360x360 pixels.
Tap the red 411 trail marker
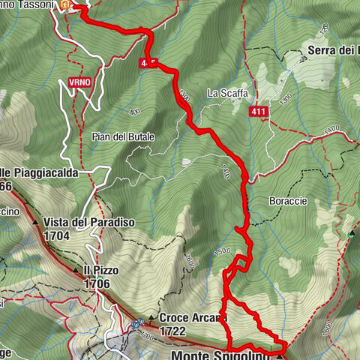(259, 111)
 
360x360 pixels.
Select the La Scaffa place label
(223, 94)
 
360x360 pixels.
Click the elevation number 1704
(57, 235)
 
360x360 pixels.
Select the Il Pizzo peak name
(97, 271)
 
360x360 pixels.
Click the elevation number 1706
(98, 283)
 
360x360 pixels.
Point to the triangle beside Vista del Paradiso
(35, 223)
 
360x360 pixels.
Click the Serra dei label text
(334, 50)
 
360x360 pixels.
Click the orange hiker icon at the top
(66, 4)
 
